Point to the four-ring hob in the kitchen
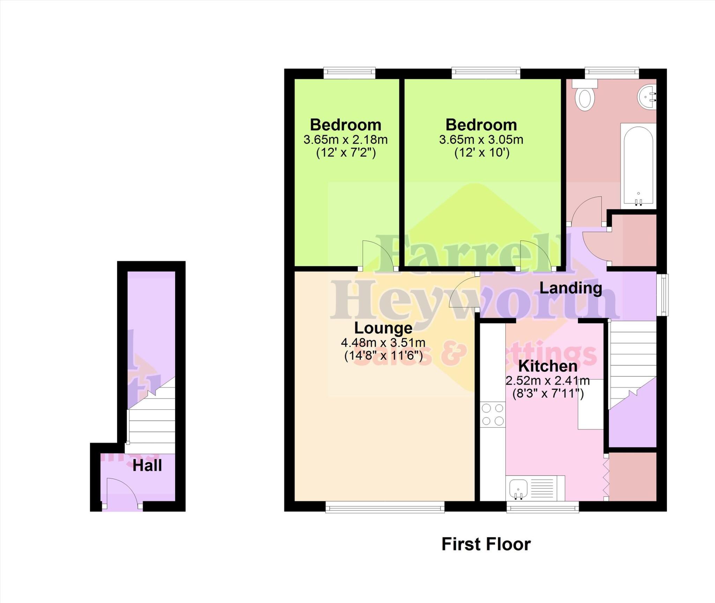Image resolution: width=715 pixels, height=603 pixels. (x=493, y=415)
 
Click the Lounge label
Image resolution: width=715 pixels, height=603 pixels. (x=383, y=328)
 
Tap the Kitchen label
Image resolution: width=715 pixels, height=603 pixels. (x=547, y=366)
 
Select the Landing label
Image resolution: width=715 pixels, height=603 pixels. (x=570, y=288)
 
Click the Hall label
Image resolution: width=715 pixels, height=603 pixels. (x=147, y=466)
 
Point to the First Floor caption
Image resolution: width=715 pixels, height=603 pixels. (x=486, y=544)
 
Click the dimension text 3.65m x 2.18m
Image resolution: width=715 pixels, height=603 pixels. (x=345, y=140)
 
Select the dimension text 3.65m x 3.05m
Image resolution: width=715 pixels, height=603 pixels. (x=481, y=140)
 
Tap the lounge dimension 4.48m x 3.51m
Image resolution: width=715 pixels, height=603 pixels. (x=383, y=343)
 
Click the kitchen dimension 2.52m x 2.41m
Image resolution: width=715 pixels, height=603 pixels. (x=547, y=380)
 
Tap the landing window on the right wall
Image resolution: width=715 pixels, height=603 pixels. (x=662, y=295)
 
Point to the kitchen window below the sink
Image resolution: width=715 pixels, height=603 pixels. (x=543, y=507)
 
